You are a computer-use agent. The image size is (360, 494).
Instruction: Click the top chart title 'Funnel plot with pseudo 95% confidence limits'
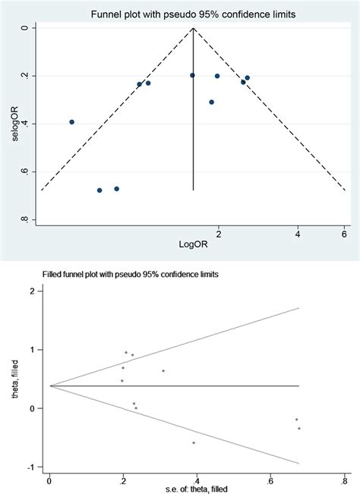pyautogui.click(x=194, y=14)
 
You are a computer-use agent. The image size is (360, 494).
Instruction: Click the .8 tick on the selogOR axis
pyautogui.click(x=24, y=220)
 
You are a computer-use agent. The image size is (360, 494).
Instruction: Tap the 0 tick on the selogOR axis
pyautogui.click(x=24, y=28)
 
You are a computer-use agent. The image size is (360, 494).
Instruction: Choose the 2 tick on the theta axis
pyautogui.click(x=31, y=291)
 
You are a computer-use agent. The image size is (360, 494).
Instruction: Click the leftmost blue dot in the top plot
pyautogui.click(x=72, y=121)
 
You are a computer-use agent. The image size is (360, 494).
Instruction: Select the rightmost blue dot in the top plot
pyautogui.click(x=247, y=78)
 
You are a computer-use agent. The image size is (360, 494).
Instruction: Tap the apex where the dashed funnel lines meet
pyautogui.click(x=194, y=29)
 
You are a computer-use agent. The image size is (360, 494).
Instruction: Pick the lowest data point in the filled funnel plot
pyautogui.click(x=194, y=442)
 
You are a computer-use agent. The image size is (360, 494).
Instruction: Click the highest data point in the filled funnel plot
pyautogui.click(x=126, y=352)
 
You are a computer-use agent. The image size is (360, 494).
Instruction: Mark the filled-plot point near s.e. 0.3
pyautogui.click(x=163, y=370)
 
